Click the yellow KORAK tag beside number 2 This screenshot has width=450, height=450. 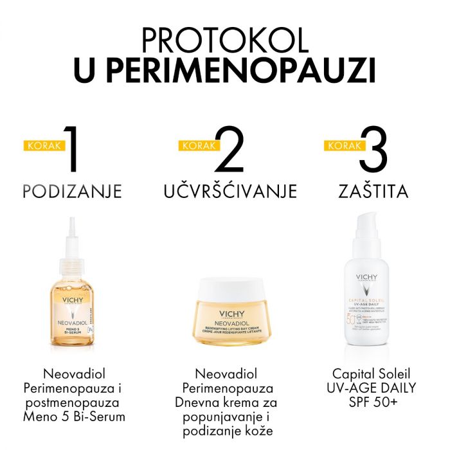pos(195,145)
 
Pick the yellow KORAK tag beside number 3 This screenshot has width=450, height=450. pos(341,145)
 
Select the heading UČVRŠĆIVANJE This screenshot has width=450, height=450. pos(230,192)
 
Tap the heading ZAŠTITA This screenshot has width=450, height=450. pos(375,192)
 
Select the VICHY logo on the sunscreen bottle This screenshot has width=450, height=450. pos(370,278)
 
